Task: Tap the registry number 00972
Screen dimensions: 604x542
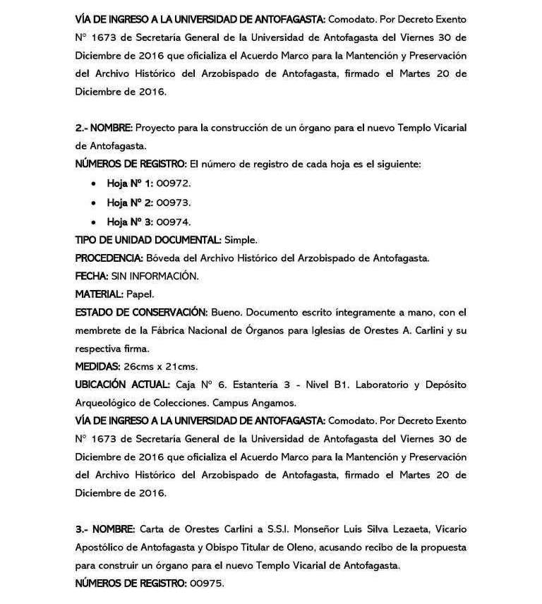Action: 174,183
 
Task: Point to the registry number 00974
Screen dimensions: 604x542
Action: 174,221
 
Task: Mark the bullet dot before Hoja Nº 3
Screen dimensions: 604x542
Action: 95,222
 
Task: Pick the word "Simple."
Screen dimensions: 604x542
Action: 240,239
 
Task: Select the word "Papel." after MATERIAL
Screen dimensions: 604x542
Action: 140,294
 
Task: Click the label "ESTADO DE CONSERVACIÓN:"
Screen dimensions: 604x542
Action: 140,312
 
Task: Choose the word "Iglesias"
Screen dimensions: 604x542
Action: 323,330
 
